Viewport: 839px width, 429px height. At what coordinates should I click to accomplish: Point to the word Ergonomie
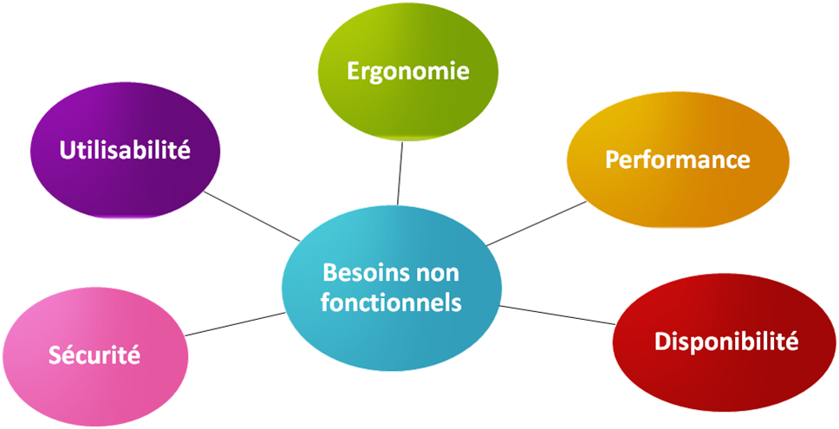point(408,71)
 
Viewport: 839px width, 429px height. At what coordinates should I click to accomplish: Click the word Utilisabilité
point(125,150)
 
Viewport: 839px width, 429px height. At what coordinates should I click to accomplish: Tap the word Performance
point(678,159)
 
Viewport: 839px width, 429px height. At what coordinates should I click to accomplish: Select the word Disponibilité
point(725,341)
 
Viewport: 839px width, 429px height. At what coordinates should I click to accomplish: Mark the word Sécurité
point(95,354)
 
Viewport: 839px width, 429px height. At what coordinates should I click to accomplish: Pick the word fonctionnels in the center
point(392,304)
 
